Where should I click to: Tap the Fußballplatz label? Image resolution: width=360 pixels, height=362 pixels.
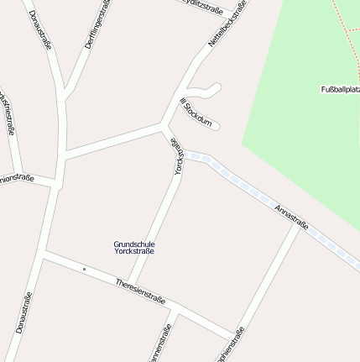340,89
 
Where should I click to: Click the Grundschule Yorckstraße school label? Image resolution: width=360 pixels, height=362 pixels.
134,247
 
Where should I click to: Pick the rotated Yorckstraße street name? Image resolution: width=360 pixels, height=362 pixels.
178,157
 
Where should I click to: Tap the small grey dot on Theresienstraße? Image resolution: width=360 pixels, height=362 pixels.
84,269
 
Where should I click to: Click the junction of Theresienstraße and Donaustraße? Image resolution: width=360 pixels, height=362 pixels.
44,252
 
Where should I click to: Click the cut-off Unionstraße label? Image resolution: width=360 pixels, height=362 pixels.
17,177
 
